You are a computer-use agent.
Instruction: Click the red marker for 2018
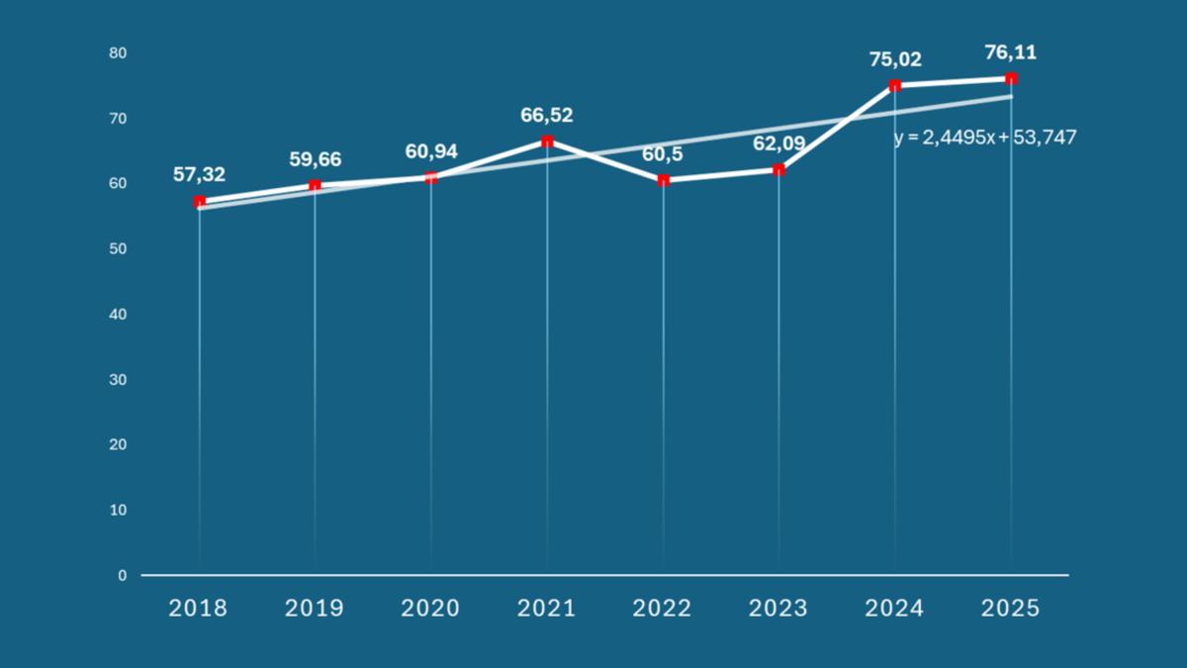pyautogui.click(x=200, y=202)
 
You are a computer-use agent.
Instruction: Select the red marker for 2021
pyautogui.click(x=547, y=142)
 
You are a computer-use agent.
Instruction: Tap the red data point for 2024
pyautogui.click(x=895, y=86)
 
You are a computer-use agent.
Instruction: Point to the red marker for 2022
pyautogui.click(x=664, y=180)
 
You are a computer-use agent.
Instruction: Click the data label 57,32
pyautogui.click(x=199, y=175)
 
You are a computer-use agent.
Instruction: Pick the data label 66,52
pyautogui.click(x=547, y=116)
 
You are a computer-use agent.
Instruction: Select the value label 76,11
pyautogui.click(x=1010, y=53)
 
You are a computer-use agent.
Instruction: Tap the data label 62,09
pyautogui.click(x=778, y=144)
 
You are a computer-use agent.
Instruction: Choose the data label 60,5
pyautogui.click(x=664, y=154)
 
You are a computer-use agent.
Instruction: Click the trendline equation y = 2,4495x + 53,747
pyautogui.click(x=985, y=139)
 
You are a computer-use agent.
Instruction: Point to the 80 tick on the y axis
pyautogui.click(x=119, y=52)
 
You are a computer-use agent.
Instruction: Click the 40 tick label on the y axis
pyautogui.click(x=119, y=314)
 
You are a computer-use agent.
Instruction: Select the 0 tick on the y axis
pyautogui.click(x=123, y=575)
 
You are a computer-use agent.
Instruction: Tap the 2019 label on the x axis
pyautogui.click(x=315, y=608)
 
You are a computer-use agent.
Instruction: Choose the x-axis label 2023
pyautogui.click(x=778, y=608)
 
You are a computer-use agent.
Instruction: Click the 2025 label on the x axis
pyautogui.click(x=1011, y=608)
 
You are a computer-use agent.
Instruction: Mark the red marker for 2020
pyautogui.click(x=431, y=177)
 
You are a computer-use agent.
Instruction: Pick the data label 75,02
pyautogui.click(x=895, y=59)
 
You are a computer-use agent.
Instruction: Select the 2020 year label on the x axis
pyautogui.click(x=430, y=608)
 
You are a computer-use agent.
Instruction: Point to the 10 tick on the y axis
pyautogui.click(x=119, y=510)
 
